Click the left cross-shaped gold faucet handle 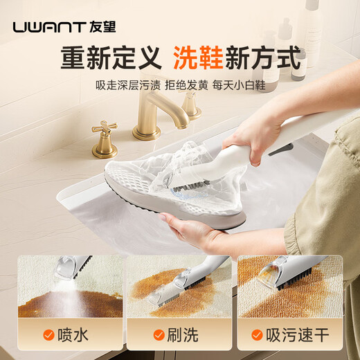pos(105,138)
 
